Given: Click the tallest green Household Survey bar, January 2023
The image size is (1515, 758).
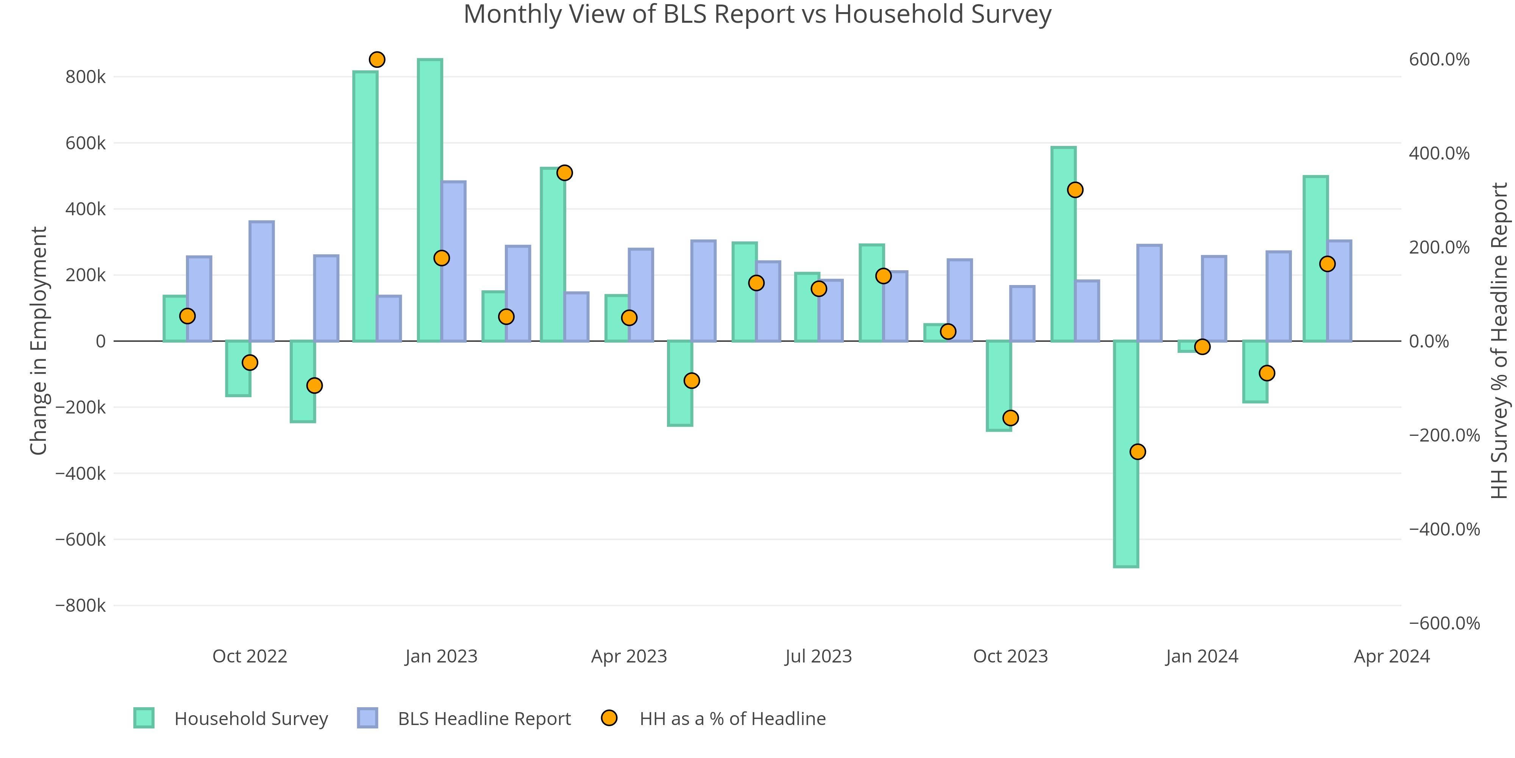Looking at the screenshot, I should point(430,200).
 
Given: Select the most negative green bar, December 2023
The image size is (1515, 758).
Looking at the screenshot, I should point(1126,453).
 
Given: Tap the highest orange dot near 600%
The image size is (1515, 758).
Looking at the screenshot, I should point(377,60).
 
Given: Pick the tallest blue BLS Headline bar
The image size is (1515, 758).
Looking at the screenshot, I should point(453,261).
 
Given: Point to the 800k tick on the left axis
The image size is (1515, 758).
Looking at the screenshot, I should point(85,77).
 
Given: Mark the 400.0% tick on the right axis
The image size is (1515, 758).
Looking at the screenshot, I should point(1438,153).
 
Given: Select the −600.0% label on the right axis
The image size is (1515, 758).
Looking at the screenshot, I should point(1444,623).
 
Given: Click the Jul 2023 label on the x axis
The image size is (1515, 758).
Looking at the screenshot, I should point(818,656).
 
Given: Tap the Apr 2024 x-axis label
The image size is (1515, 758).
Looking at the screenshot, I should point(1392,656).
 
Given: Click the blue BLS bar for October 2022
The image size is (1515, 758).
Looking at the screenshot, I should point(261,281).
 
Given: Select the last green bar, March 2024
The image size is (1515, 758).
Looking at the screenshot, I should point(1315,259).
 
